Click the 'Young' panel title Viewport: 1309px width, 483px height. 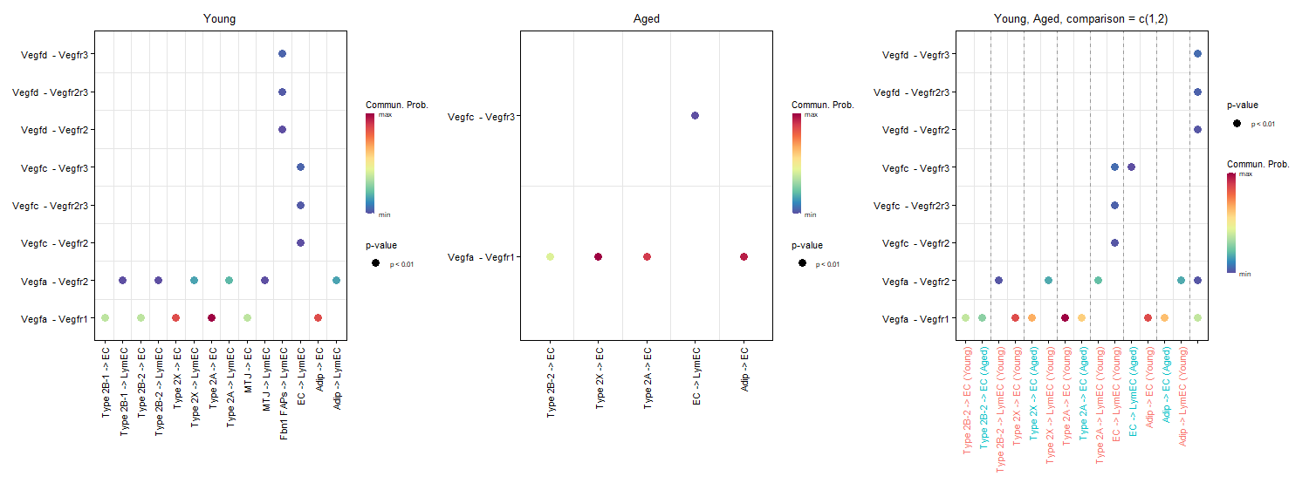coord(219,18)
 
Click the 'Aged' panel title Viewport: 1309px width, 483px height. coord(646,18)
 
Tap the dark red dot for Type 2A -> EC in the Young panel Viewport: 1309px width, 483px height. coord(211,318)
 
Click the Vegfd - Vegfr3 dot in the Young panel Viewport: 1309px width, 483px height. coord(282,54)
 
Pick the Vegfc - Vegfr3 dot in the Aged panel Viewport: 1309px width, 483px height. coord(695,116)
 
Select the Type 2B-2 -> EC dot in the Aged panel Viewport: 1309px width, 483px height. coord(550,256)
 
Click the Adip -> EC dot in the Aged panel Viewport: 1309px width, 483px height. coord(744,256)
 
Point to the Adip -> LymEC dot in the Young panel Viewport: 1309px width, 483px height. coord(336,280)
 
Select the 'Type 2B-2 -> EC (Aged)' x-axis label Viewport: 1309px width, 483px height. coord(983,398)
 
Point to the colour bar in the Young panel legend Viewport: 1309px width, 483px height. coord(371,162)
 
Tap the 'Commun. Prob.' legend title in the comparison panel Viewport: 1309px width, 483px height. coord(1258,164)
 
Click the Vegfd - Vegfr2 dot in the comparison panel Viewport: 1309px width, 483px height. coord(1197,130)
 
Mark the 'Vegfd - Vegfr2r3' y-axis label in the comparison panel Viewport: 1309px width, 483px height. coord(915,92)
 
